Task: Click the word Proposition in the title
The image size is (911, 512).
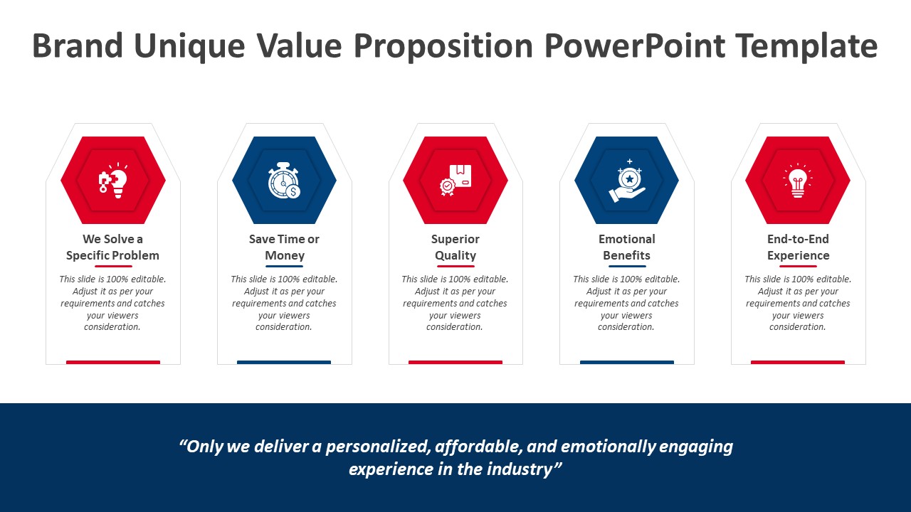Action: [x=443, y=47]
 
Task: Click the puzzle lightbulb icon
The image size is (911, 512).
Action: [x=113, y=180]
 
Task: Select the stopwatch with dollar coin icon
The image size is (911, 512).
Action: [x=284, y=181]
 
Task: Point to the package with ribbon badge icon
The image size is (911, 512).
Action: [x=455, y=180]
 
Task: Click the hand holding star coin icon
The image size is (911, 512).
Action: [x=627, y=181]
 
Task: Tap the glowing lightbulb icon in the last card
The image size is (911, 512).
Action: [x=798, y=181]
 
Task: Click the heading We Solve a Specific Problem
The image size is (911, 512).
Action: [x=112, y=247]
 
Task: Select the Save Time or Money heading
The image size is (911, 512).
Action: [x=284, y=247]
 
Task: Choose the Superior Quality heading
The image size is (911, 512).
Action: [x=455, y=247]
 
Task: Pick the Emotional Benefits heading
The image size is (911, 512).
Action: [x=627, y=247]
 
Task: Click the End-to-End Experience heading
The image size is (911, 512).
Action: [x=798, y=247]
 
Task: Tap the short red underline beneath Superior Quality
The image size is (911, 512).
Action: [x=455, y=266]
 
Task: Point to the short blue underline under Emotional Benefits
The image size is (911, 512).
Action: [x=627, y=266]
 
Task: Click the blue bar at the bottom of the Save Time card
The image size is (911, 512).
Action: [x=284, y=362]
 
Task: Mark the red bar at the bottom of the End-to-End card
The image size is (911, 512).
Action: [x=798, y=362]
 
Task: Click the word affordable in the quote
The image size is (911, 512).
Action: [x=479, y=447]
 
